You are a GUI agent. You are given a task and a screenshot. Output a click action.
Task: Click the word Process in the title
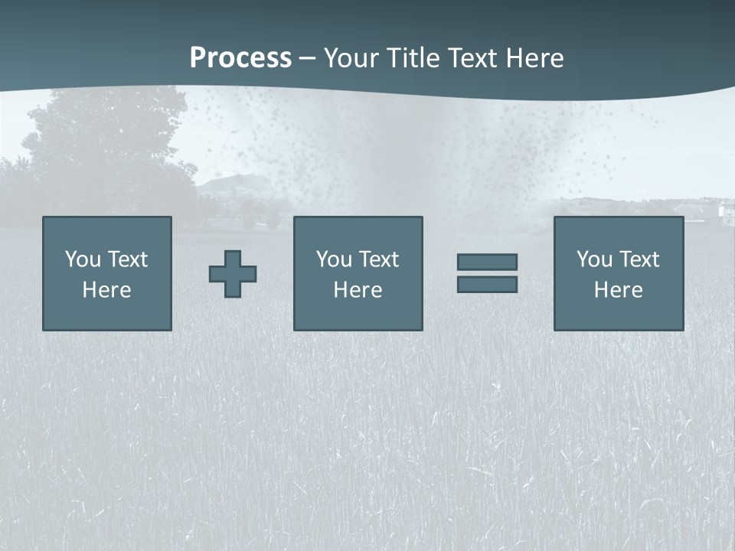[x=240, y=58]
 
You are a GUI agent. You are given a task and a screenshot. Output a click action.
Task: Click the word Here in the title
[x=535, y=58]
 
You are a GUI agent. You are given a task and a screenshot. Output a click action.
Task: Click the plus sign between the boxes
[x=233, y=274]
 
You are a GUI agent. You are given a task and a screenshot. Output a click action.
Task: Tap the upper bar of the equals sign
[x=487, y=262]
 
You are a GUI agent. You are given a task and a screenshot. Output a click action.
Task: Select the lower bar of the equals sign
[x=487, y=285]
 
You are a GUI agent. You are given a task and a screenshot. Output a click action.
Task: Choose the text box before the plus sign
[x=107, y=273]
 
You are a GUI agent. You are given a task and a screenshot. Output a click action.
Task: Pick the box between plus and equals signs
[x=358, y=273]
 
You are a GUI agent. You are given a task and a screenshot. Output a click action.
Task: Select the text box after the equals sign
[x=619, y=273]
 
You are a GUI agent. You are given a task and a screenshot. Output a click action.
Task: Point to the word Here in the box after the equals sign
[x=619, y=290]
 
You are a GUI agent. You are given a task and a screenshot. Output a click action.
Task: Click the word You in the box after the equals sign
[x=594, y=259]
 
